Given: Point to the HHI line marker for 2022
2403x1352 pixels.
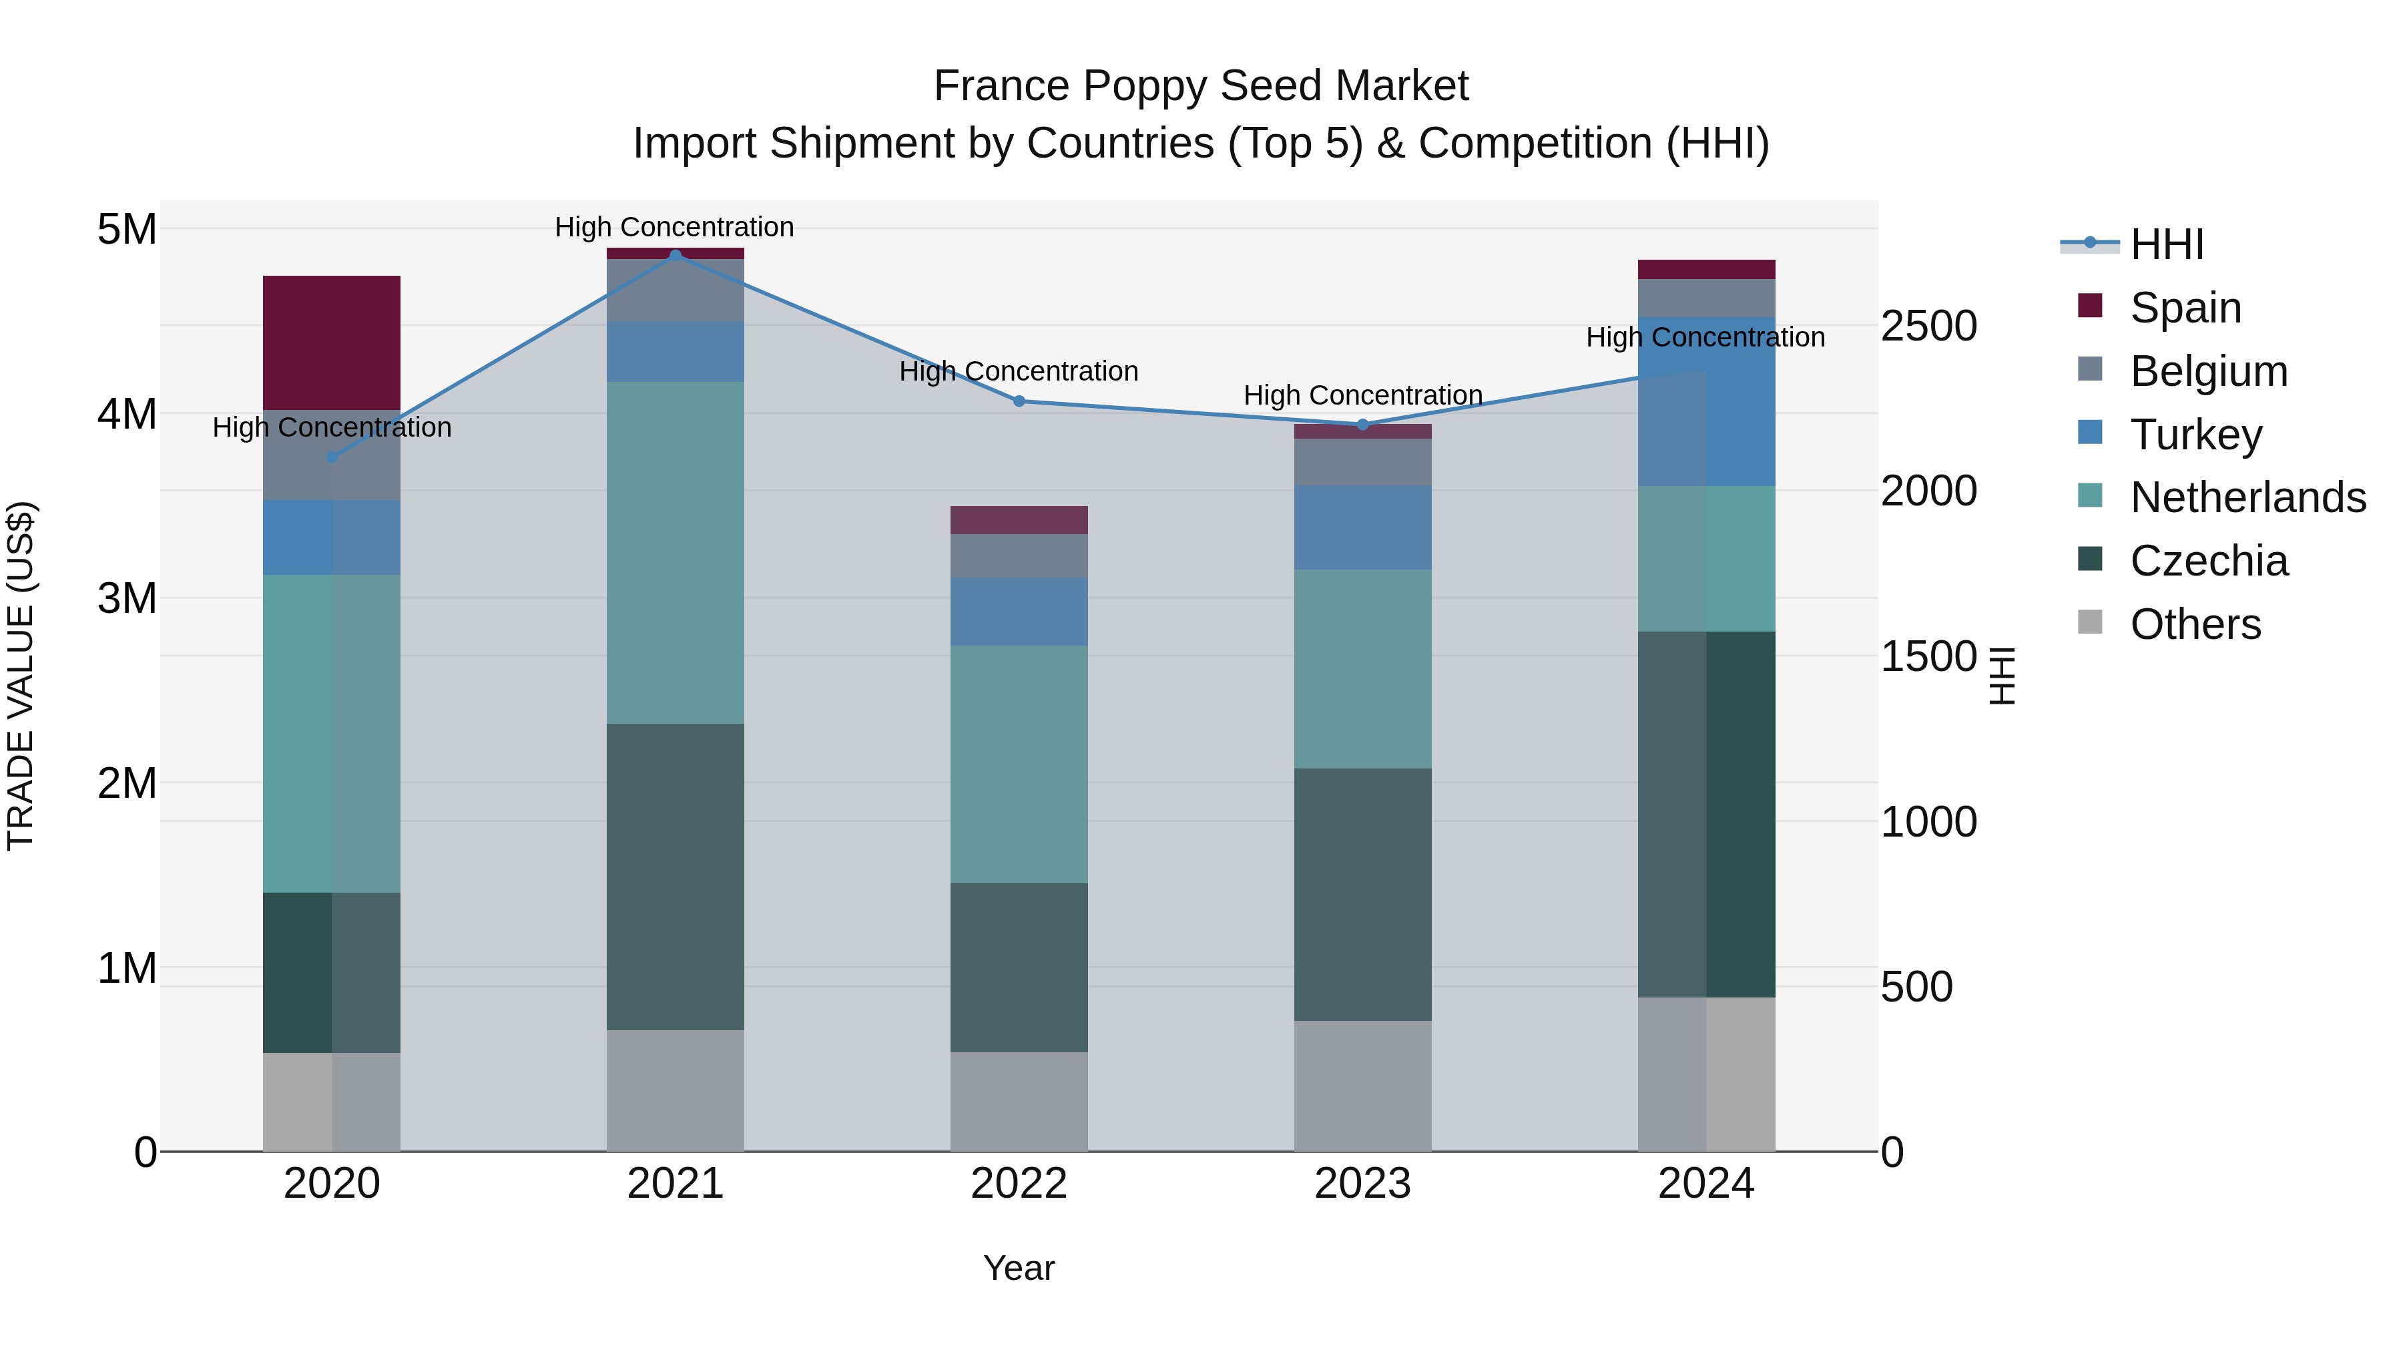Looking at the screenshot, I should (1019, 401).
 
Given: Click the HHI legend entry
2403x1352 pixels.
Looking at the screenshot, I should (2166, 244).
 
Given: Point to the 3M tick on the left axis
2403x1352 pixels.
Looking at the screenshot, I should (127, 598).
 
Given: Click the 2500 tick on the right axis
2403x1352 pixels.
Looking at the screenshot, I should (1928, 326).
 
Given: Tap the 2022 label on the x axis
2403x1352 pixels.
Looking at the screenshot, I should (1019, 1184).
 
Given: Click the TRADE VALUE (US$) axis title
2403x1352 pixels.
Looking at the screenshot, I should (21, 676).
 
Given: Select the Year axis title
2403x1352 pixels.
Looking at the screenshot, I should (1019, 1268).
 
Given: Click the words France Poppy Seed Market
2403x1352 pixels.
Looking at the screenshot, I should (1201, 86).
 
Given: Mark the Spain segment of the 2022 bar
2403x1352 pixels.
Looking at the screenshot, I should (1019, 519).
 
